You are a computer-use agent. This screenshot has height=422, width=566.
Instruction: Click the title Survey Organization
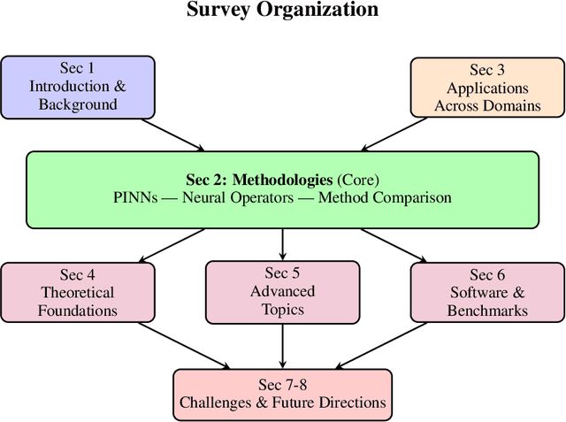(x=283, y=11)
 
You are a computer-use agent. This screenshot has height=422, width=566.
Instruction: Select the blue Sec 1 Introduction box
(x=78, y=86)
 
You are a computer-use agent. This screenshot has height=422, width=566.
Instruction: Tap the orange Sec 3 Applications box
(x=487, y=87)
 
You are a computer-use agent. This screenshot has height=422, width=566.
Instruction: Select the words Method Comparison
(x=385, y=198)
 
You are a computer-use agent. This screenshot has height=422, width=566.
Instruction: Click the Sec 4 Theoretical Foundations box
(x=78, y=292)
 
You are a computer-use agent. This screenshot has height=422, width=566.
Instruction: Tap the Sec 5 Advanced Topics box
(x=282, y=291)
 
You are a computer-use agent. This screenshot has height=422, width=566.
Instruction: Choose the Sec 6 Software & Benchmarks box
(x=487, y=292)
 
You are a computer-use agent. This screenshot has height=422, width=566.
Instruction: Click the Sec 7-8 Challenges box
(x=282, y=393)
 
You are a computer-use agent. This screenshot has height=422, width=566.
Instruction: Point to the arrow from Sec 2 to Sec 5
(x=282, y=243)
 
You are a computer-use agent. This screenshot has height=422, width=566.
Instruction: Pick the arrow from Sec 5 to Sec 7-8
(x=282, y=345)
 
